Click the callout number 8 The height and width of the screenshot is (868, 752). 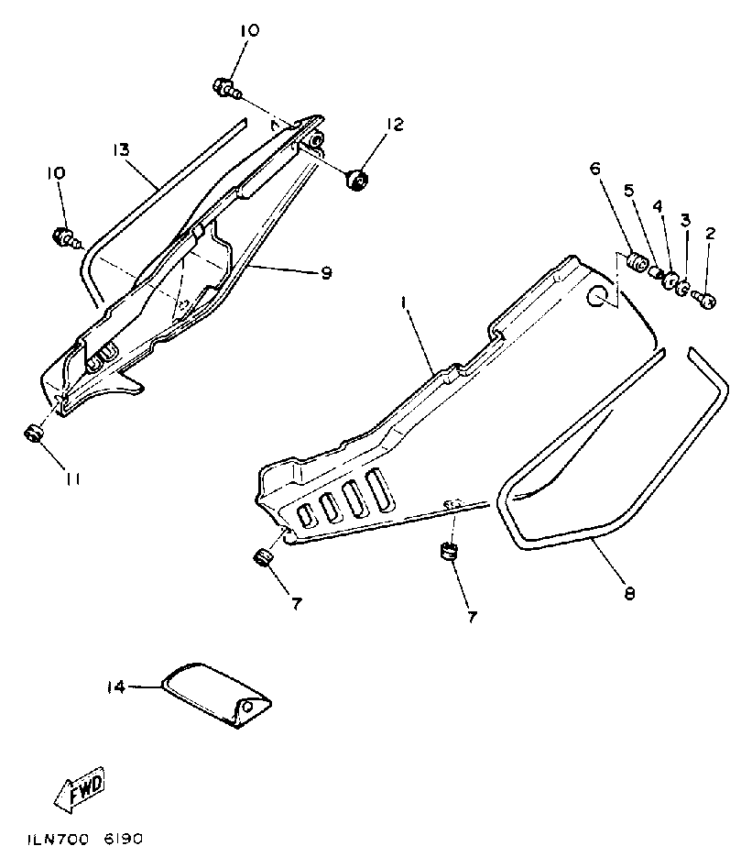tap(628, 593)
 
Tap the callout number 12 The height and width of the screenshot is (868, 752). tap(393, 123)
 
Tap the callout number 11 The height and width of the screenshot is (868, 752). tap(73, 478)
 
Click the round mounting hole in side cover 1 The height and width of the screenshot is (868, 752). tap(597, 295)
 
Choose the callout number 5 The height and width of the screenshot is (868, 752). tap(629, 190)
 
